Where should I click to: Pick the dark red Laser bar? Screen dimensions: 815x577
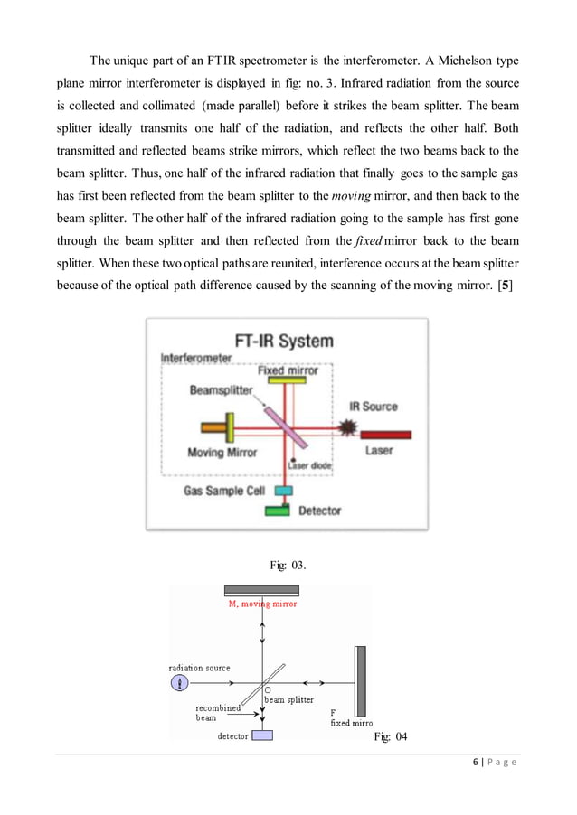tap(383, 435)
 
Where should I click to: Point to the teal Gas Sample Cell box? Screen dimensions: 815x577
tap(284, 491)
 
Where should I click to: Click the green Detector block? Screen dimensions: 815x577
tap(278, 511)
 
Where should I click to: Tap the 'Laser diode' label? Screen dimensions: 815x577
tap(306, 465)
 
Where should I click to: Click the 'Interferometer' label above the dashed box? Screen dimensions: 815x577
tap(196, 358)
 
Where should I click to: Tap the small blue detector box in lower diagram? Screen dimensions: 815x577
tap(262, 735)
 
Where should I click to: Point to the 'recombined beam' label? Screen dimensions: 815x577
tap(218, 713)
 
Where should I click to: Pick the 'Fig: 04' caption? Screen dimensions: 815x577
tap(390, 737)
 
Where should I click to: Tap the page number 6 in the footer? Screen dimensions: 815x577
tap(476, 763)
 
